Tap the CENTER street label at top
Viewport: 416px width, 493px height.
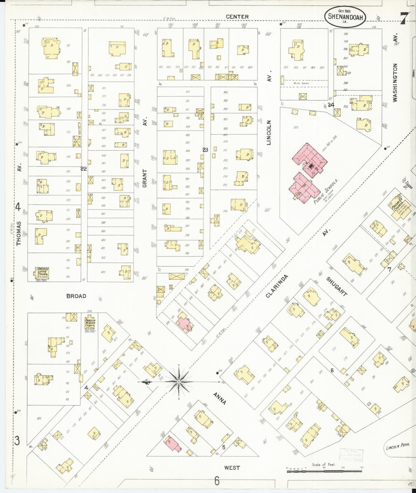(237, 17)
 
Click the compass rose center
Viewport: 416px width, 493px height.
(179, 381)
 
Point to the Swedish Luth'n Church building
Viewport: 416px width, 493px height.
(42, 273)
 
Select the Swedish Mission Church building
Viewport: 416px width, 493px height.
(90, 324)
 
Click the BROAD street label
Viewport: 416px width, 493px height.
(76, 296)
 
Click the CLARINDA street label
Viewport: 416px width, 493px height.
(277, 286)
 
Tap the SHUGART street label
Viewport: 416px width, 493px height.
(337, 286)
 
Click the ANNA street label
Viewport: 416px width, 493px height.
(219, 398)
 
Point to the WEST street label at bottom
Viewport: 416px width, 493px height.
(232, 468)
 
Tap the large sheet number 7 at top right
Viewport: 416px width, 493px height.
(403, 19)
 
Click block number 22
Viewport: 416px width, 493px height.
(84, 169)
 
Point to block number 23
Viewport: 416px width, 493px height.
(205, 150)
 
